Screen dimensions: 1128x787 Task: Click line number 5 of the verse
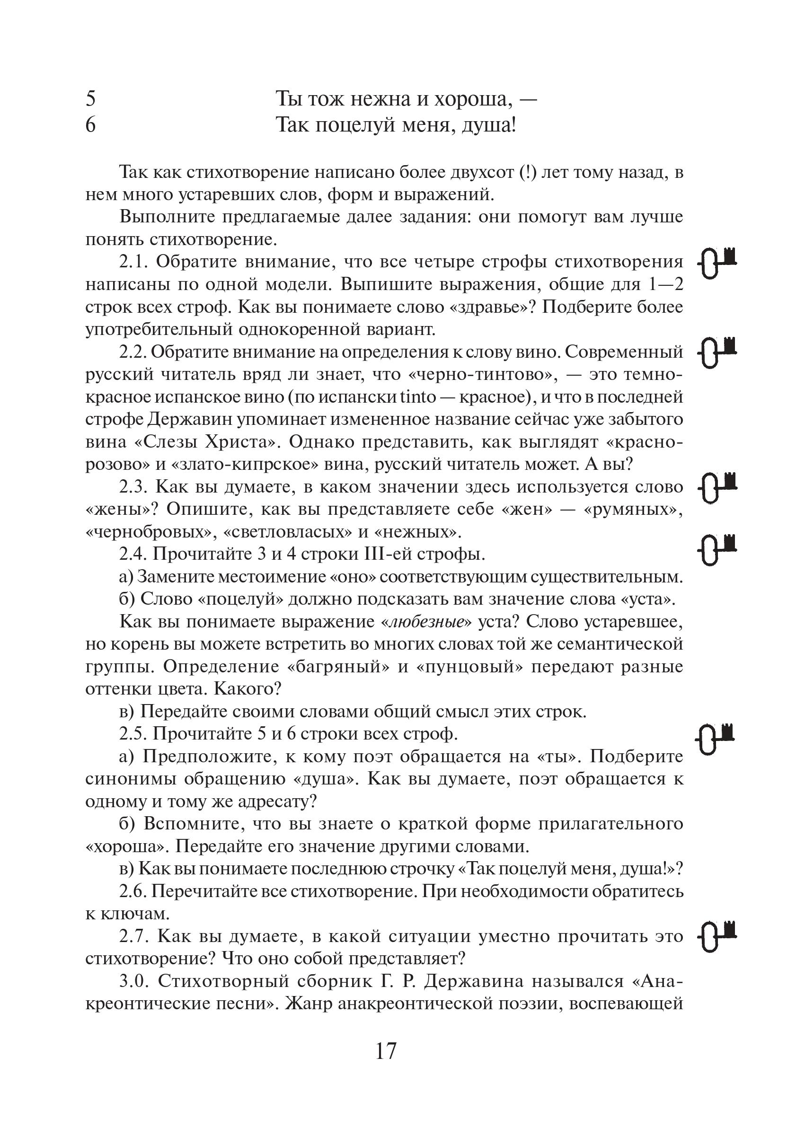[91, 99]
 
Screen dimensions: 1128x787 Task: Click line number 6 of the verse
[91, 125]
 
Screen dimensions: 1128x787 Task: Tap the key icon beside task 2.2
[717, 352]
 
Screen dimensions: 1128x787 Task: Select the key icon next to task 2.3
[717, 487]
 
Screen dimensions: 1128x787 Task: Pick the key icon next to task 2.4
[717, 549]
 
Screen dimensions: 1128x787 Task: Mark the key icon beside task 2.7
[717, 937]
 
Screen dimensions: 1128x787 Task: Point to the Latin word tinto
[418, 397]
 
